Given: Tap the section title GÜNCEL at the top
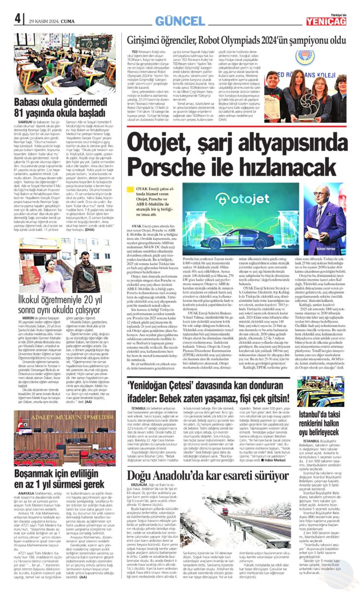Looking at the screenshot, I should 180,20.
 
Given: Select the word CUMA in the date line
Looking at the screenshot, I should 70,20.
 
